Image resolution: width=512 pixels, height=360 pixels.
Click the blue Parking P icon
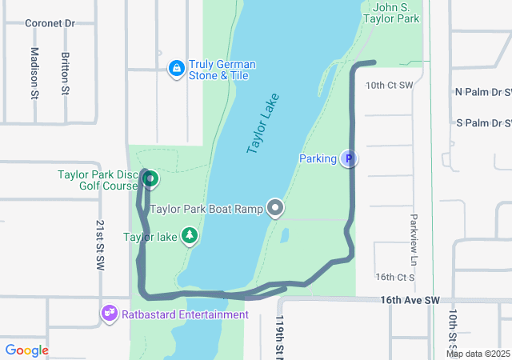(348, 159)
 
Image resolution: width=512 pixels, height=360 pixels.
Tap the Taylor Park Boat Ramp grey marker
(276, 209)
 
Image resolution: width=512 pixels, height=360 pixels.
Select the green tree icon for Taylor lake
(189, 236)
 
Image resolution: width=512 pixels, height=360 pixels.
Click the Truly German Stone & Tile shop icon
(175, 70)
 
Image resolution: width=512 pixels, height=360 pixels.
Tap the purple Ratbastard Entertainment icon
(110, 314)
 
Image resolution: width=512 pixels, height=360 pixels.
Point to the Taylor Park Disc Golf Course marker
(149, 179)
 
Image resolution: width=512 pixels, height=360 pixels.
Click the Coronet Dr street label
(50, 23)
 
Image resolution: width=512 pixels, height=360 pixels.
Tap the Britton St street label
(65, 74)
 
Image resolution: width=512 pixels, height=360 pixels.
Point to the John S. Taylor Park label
(391, 12)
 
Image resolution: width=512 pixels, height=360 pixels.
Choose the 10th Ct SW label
(389, 85)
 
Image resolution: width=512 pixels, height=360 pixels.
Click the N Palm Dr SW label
(483, 92)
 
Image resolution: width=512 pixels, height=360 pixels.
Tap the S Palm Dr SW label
(483, 123)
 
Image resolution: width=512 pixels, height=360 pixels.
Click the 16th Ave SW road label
(410, 300)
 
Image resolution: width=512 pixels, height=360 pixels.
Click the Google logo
(27, 350)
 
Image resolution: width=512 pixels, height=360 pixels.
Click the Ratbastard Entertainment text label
(185, 314)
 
